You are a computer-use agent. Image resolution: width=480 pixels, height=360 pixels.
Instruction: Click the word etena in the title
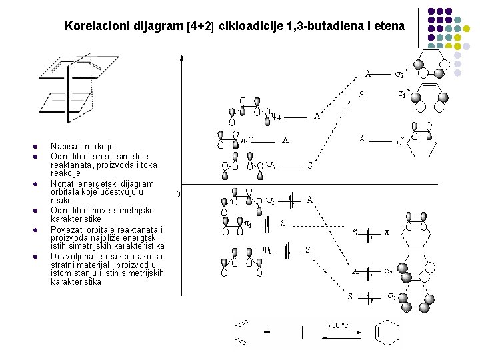[x=389, y=27]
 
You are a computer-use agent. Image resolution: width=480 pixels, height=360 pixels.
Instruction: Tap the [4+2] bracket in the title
[x=200, y=27]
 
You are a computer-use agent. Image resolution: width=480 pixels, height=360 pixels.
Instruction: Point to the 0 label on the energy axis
[x=177, y=194]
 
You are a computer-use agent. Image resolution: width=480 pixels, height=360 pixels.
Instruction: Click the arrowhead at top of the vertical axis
[x=182, y=58]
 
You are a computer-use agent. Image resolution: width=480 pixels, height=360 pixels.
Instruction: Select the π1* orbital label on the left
[x=246, y=141]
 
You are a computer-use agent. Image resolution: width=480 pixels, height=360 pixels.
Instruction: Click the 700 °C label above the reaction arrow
[x=339, y=325]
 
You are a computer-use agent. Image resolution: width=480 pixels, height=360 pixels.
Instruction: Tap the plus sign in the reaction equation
[x=267, y=331]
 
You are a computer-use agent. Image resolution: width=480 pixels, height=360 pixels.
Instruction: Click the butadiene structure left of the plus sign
[x=241, y=331]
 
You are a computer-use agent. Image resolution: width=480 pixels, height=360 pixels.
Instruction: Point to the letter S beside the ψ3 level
[x=310, y=165]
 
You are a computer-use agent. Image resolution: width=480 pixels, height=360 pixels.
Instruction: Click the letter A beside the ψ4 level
[x=317, y=115]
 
